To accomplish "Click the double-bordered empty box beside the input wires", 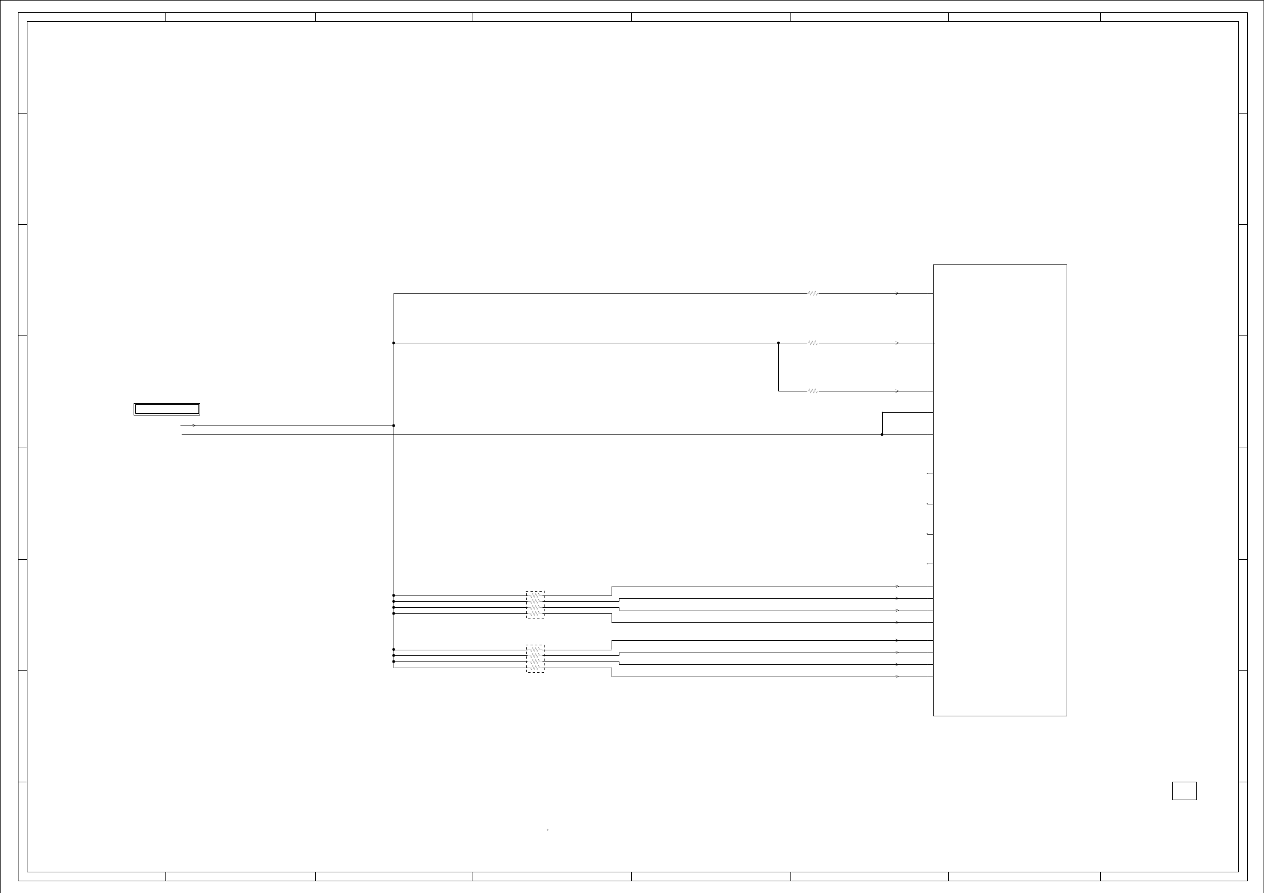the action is click(x=167, y=409).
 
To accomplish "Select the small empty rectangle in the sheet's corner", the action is click(x=1184, y=791).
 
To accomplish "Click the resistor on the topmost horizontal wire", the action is click(x=813, y=293).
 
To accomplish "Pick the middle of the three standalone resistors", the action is click(x=813, y=343).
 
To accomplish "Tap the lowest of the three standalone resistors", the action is click(x=813, y=391).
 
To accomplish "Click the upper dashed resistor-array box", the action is click(x=535, y=604).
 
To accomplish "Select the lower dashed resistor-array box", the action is click(x=535, y=659).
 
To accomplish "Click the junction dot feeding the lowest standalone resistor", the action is click(x=778, y=343).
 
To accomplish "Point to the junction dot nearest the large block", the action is click(x=882, y=434).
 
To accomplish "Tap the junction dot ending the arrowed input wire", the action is click(x=394, y=426).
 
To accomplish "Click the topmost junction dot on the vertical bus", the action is click(x=394, y=343).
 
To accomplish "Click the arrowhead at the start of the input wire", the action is click(x=193, y=426).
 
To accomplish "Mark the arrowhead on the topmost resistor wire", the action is click(x=897, y=293).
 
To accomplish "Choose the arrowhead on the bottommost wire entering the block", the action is click(x=897, y=677).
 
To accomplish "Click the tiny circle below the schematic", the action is click(x=547, y=830).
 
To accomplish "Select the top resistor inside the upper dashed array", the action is click(x=535, y=596).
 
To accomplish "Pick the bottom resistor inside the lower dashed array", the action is click(x=535, y=668).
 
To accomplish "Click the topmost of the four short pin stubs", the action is click(x=930, y=474).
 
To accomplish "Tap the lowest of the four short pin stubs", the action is click(x=930, y=564).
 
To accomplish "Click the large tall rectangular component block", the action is click(x=1000, y=490).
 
